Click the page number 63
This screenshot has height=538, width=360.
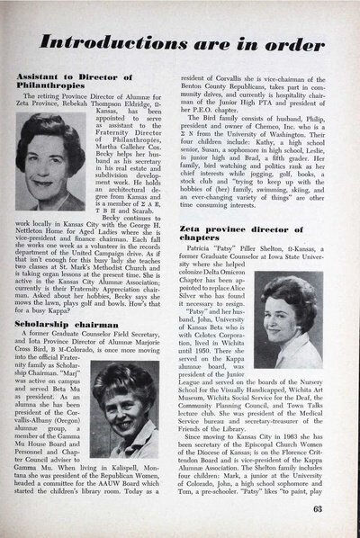336,508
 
